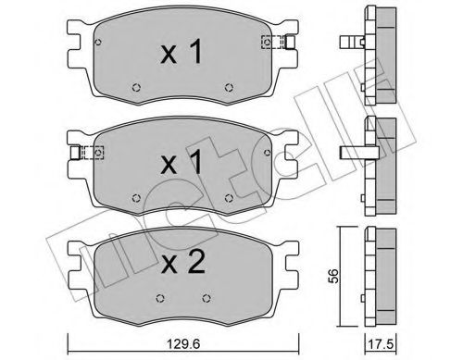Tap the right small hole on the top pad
(229, 89)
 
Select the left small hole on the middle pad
(137, 195)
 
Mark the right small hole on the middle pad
(229, 195)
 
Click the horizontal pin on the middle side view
(359, 153)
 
